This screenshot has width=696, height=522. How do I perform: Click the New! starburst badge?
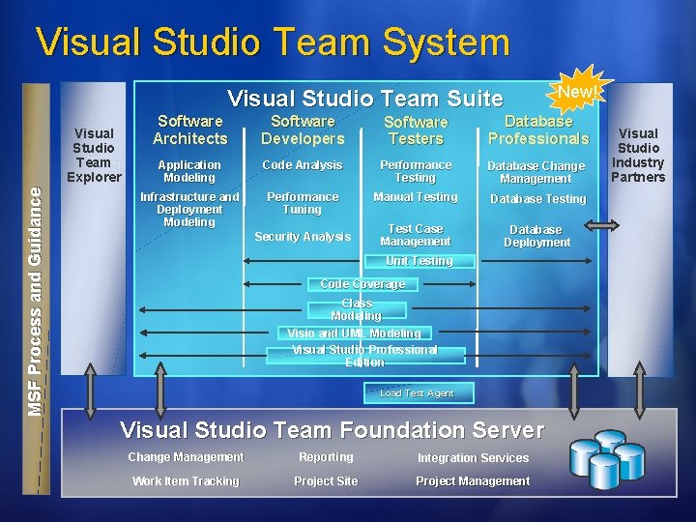tap(576, 92)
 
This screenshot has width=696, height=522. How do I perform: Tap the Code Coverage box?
tap(362, 284)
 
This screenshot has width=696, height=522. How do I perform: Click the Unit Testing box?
tap(419, 261)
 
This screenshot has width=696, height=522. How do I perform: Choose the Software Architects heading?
tap(189, 130)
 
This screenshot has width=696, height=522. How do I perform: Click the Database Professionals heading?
tap(538, 130)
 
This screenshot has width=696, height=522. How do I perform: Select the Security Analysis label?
tap(303, 237)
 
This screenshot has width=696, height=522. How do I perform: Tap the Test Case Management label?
tap(416, 235)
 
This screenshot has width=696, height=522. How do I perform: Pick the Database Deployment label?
tap(536, 236)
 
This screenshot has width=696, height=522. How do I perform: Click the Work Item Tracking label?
tap(186, 481)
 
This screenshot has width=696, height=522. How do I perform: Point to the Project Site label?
tap(326, 481)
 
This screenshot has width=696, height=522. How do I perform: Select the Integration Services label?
tap(473, 458)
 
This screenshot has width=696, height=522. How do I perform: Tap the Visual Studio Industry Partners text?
tap(638, 155)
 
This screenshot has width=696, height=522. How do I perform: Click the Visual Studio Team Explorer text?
tap(94, 155)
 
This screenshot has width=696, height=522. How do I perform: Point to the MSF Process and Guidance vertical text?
tap(36, 301)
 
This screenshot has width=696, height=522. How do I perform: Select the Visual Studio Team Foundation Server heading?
tap(332, 430)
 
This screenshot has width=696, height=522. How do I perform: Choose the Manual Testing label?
tap(416, 197)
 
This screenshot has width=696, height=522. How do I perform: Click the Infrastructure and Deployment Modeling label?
tap(189, 209)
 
